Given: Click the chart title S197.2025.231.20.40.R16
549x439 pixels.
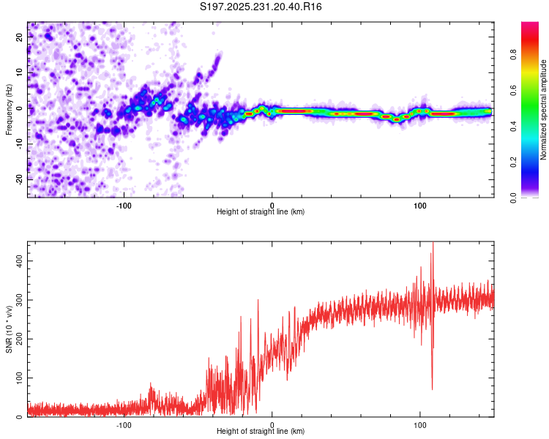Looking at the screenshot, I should (x=261, y=7).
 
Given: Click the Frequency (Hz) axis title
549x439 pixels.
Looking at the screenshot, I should (x=10, y=110).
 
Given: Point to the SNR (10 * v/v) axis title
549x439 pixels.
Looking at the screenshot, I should (x=10, y=329).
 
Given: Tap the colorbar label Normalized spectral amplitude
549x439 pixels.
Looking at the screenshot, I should (x=544, y=110).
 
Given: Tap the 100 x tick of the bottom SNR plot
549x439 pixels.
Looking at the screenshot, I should (x=420, y=424).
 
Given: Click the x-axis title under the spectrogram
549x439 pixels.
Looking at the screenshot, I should (x=261, y=212).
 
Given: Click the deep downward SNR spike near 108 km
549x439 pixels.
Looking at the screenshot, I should (x=432, y=388).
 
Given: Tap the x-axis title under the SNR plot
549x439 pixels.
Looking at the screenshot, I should (x=261, y=432).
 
